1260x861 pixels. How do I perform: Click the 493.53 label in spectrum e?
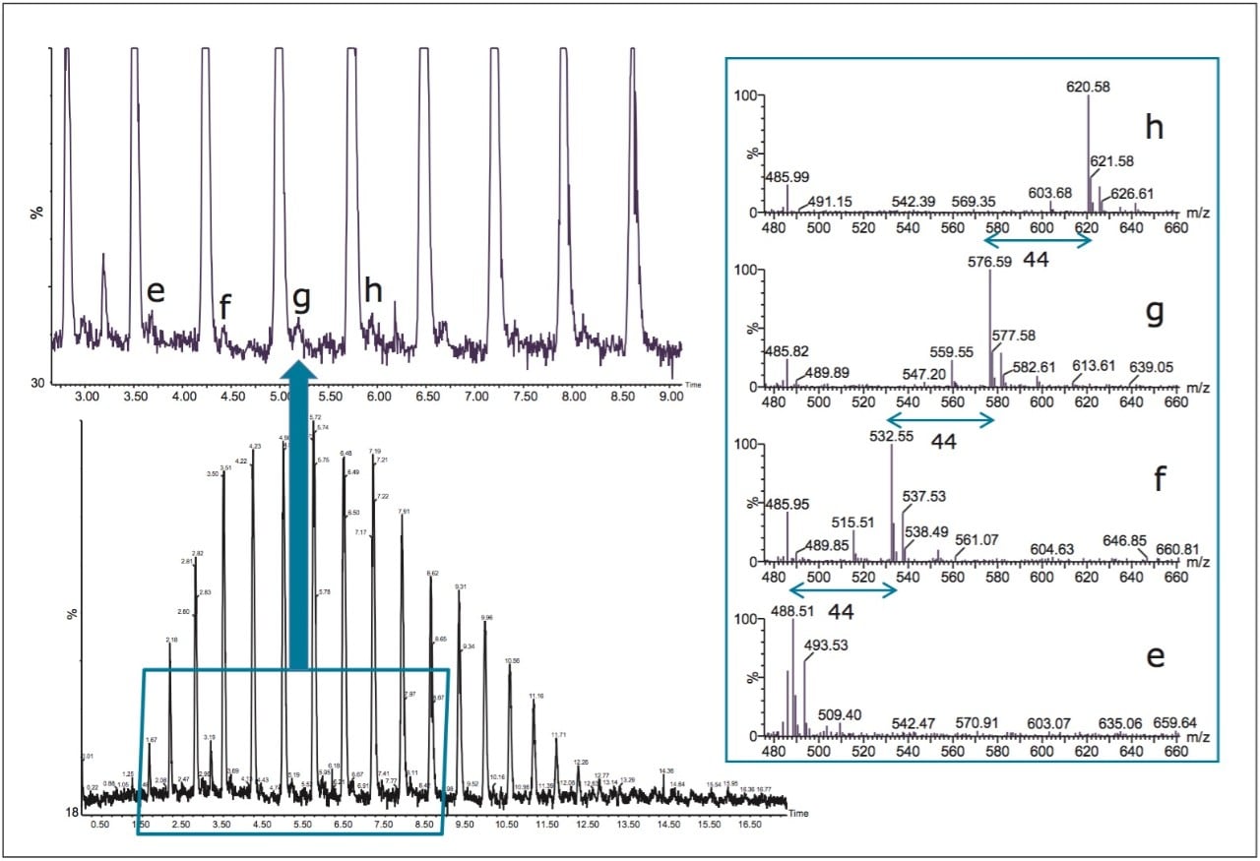[x=829, y=645]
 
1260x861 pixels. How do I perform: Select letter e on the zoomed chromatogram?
[x=156, y=292]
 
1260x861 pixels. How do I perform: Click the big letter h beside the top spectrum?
[x=1154, y=128]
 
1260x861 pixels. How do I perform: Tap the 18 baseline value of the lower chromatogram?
[x=70, y=813]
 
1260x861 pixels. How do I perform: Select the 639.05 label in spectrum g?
[x=1139, y=367]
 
